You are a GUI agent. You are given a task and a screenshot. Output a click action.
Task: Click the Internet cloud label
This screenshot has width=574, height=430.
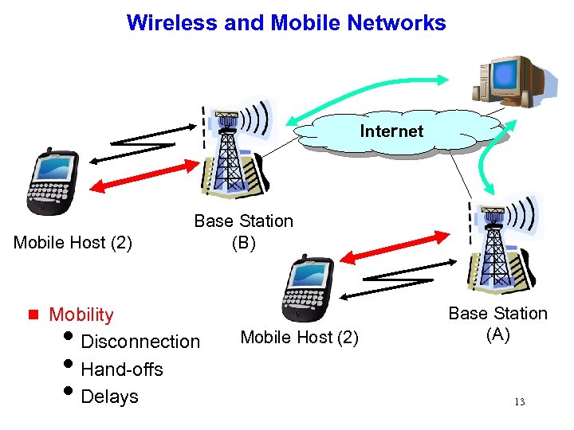tap(391, 131)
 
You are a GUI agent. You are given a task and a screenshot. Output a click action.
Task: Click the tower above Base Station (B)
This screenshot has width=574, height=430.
tap(230, 151)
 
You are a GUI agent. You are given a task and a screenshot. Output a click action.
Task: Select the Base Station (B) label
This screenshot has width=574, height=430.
tap(243, 232)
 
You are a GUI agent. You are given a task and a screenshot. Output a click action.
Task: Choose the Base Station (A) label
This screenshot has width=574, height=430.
tap(497, 324)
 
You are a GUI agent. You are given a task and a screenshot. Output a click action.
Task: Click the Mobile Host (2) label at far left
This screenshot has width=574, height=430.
tap(73, 242)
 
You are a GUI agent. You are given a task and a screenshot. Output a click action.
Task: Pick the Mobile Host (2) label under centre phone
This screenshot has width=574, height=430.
tap(300, 338)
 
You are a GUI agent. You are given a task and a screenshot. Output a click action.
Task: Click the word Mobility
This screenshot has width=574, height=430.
tap(81, 315)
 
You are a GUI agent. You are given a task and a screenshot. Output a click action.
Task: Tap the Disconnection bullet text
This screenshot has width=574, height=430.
tap(140, 342)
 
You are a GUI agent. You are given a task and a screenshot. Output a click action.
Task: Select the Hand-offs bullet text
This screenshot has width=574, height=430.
tap(122, 369)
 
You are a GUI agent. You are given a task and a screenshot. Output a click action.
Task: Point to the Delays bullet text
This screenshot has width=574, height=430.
tap(110, 397)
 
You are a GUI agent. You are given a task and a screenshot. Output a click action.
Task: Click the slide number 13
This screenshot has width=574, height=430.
tap(519, 402)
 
